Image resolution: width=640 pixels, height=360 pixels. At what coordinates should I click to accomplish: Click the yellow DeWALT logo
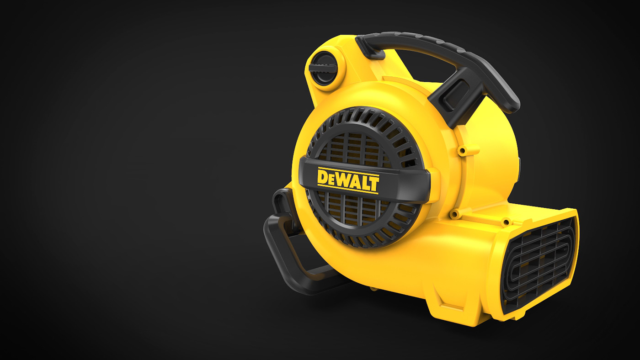(348, 180)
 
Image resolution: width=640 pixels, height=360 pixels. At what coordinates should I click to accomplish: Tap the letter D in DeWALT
(323, 177)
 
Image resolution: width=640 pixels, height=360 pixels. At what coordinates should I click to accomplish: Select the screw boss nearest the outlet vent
(506, 222)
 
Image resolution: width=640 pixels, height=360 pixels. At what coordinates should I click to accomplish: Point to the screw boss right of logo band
(454, 213)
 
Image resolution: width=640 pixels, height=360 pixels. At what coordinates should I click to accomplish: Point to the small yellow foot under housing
(374, 288)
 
